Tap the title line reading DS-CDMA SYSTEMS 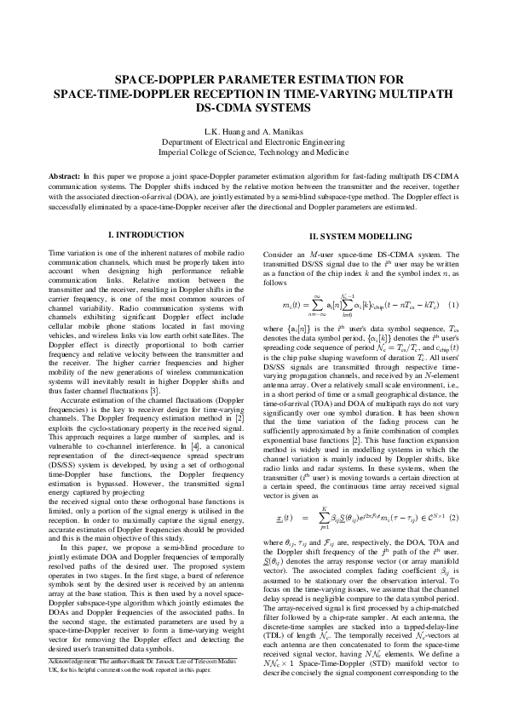(x=253, y=108)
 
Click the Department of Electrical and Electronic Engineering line (x=253, y=142)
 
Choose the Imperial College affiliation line (x=253, y=152)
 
